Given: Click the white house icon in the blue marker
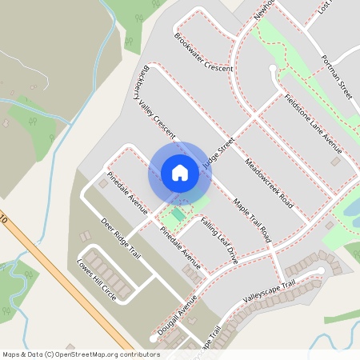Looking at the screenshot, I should pos(179,172).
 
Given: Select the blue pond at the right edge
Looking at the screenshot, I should pos(351,210).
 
